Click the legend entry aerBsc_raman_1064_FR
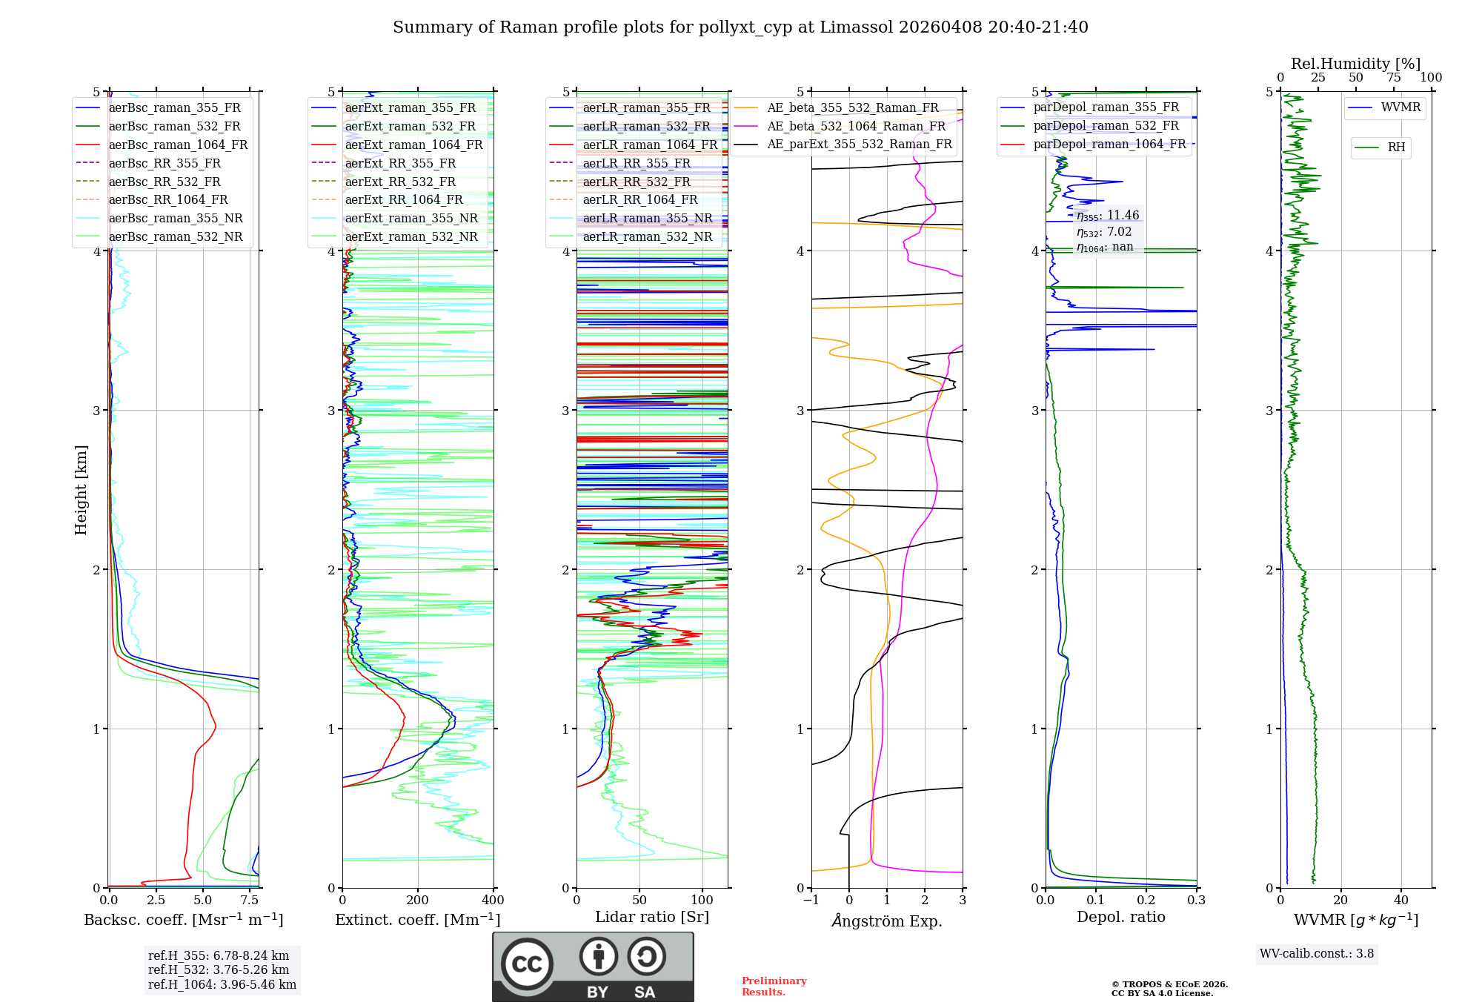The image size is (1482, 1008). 178,145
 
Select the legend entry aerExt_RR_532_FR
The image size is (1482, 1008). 400,182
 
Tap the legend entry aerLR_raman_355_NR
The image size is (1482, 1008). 647,218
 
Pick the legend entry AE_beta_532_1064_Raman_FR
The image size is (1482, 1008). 856,126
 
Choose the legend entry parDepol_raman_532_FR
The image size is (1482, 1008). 1106,125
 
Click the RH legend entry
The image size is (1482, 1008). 1396,147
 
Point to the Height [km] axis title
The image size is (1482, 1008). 81,490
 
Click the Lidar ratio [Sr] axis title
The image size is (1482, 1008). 651,917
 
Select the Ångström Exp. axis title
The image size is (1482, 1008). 886,921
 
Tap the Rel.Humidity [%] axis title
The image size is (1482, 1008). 1355,64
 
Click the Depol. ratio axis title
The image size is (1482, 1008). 1120,917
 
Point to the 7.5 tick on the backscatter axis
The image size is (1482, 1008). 250,900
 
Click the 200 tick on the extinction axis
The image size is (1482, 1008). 418,900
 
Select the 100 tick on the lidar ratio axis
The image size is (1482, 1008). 702,900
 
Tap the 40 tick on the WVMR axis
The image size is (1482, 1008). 1400,900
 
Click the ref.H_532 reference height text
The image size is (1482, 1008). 219,969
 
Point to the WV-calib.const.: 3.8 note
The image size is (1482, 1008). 1316,953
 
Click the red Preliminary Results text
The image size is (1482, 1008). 774,986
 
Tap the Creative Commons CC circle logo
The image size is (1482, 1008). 527,964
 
